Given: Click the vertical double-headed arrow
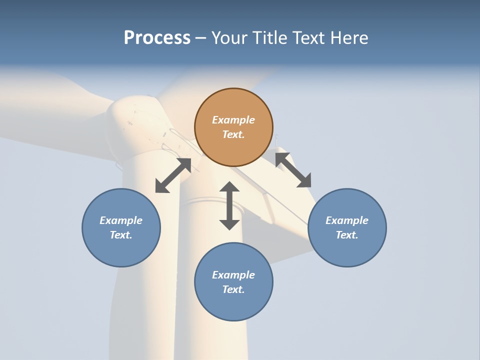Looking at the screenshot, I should [x=229, y=205].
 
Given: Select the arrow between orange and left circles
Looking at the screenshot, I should [x=173, y=175].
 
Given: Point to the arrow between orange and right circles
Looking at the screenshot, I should [x=293, y=170].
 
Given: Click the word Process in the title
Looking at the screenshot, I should [x=157, y=38].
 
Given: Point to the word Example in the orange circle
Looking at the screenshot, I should [x=233, y=120].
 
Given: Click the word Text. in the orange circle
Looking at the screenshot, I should [x=233, y=134].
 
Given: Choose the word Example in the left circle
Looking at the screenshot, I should [x=121, y=220].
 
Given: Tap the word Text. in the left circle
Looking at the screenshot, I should [x=121, y=235].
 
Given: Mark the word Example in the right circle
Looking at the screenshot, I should [x=347, y=220].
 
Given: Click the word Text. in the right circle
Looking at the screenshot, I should [x=347, y=235].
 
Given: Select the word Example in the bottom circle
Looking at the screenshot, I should [x=233, y=275].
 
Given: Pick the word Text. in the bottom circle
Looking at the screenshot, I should [x=233, y=289].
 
